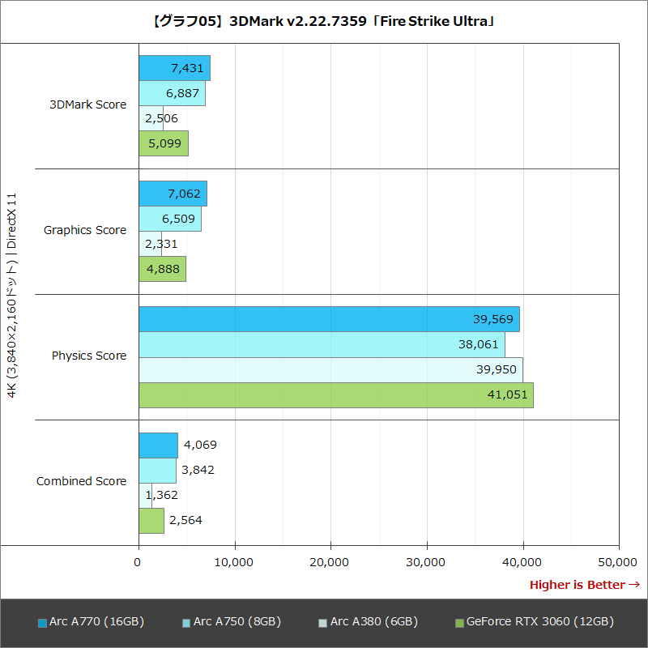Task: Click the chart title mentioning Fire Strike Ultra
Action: click(324, 22)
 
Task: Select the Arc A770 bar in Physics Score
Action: click(328, 319)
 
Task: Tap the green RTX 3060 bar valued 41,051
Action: click(335, 395)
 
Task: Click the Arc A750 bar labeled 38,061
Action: click(321, 344)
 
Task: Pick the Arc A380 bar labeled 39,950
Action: click(330, 369)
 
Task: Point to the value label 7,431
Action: click(187, 68)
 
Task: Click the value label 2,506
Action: click(161, 118)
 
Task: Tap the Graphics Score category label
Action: click(85, 230)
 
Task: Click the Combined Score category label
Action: click(81, 481)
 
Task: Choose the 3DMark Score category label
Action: click(87, 104)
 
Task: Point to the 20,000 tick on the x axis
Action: click(330, 561)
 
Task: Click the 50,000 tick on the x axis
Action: click(619, 561)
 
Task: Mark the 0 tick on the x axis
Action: click(139, 561)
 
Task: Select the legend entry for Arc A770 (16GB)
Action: click(91, 622)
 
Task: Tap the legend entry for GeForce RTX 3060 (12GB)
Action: click(535, 622)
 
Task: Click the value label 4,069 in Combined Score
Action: click(200, 445)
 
